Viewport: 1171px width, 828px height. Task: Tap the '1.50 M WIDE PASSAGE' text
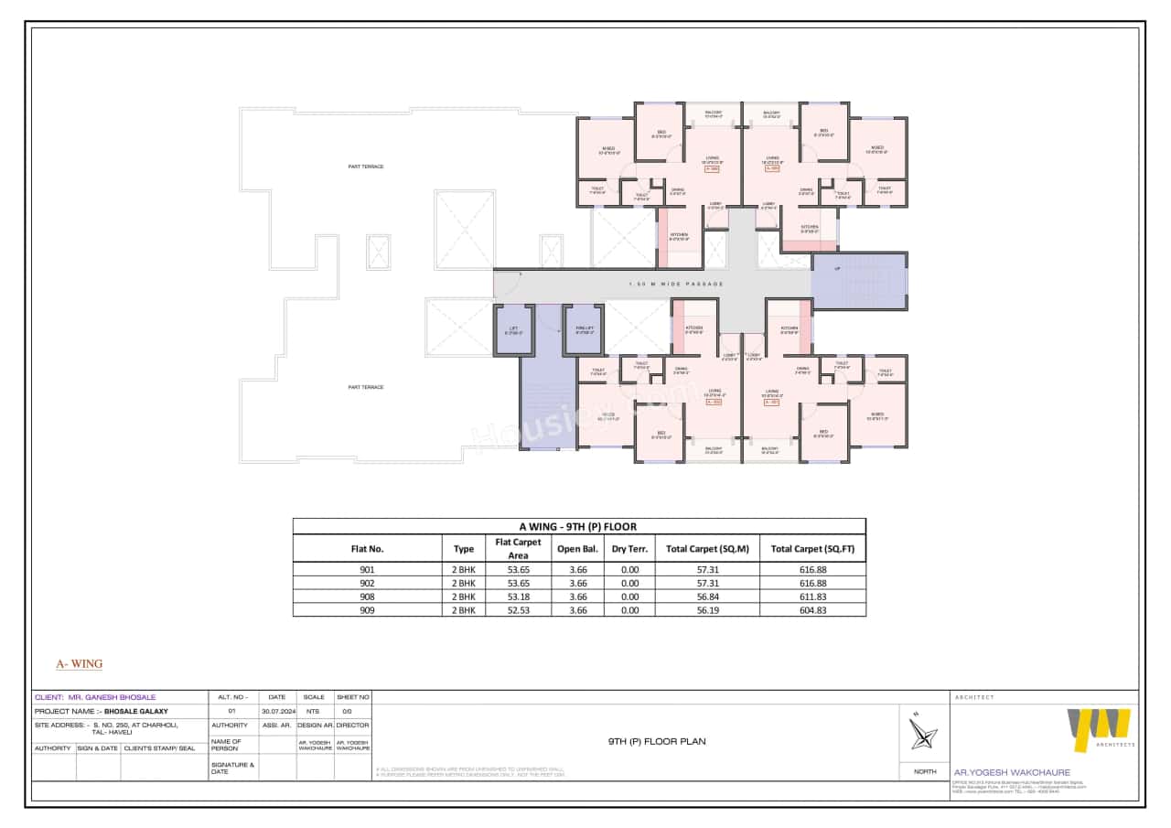[x=676, y=285]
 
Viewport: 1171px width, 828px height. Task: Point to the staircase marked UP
[x=859, y=281]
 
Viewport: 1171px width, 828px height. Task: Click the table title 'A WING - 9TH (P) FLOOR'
[x=578, y=526]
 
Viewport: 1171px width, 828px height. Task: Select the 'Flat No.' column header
[x=367, y=549]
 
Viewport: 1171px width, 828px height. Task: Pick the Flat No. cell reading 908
[x=367, y=596]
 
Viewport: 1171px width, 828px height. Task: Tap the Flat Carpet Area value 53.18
[x=518, y=596]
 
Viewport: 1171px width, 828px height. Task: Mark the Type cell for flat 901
[x=464, y=569]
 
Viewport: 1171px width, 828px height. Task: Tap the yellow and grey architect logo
[x=1099, y=730]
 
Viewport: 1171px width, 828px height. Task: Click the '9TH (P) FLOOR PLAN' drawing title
[x=657, y=742]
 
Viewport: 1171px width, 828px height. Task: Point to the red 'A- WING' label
[x=80, y=663]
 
